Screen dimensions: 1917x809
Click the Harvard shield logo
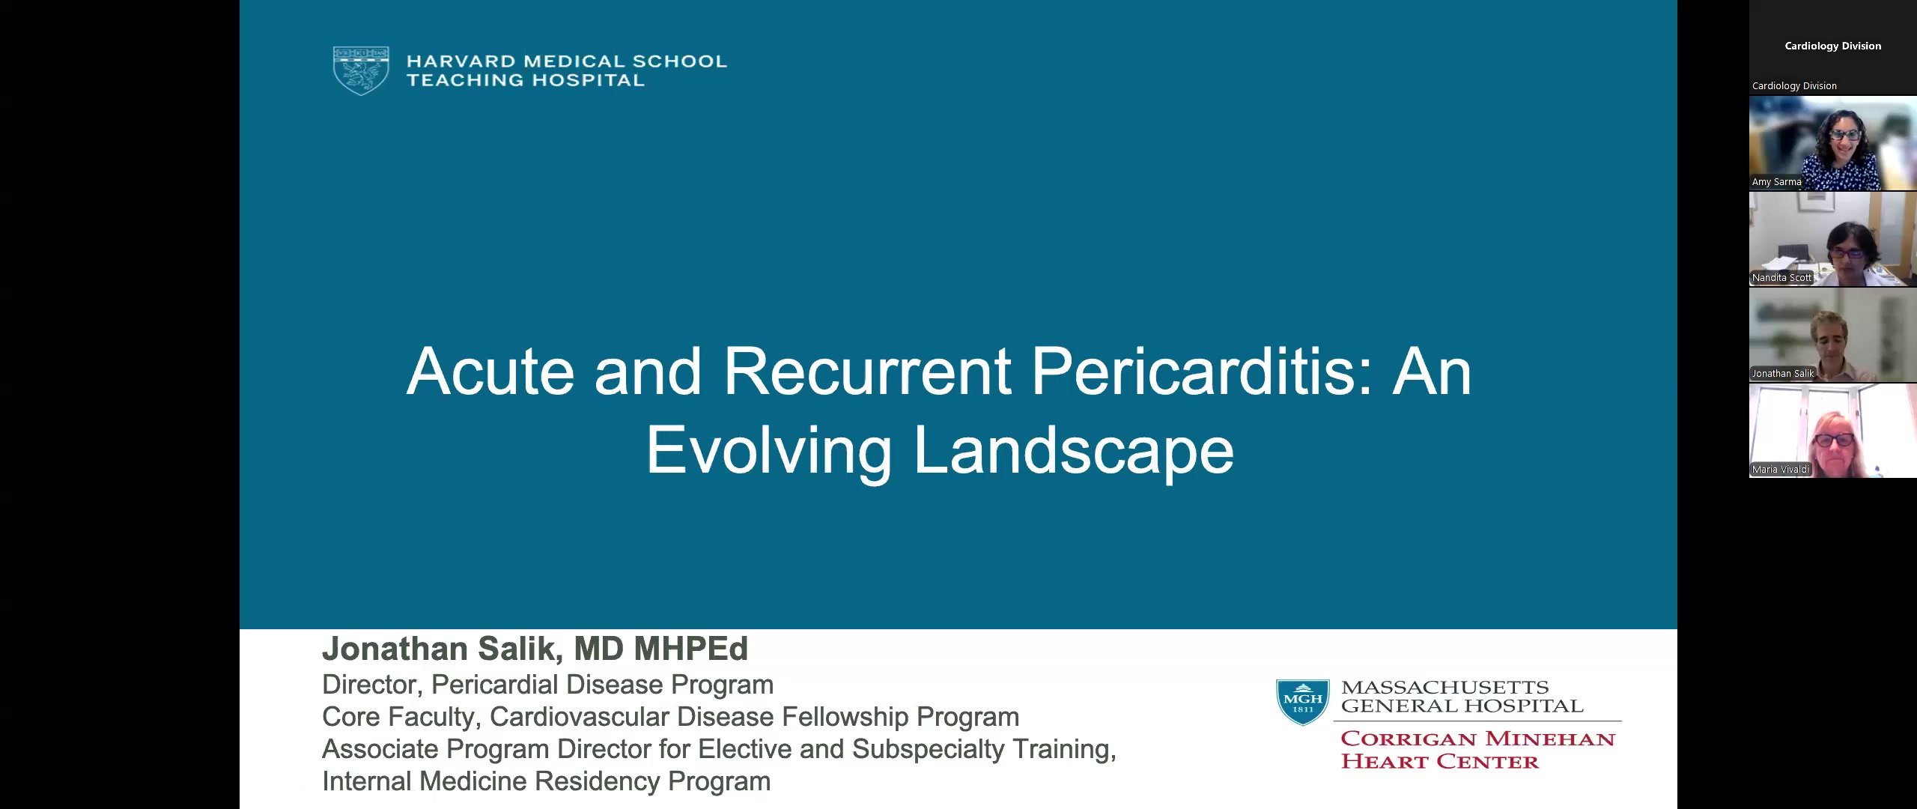[361, 70]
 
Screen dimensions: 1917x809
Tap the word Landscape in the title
[1074, 450]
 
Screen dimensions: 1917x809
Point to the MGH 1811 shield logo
[1303, 702]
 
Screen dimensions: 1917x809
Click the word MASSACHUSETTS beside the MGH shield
[1445, 687]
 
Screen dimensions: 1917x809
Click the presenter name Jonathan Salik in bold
[442, 649]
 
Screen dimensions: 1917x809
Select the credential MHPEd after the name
[690, 649]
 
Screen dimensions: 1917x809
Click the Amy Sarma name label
[1776, 182]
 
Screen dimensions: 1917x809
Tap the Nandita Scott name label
[1781, 278]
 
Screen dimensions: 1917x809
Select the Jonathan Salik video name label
[1782, 374]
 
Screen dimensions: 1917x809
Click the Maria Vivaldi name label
[1781, 470]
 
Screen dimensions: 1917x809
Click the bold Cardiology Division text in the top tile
[1832, 46]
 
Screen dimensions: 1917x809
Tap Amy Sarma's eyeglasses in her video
[1844, 135]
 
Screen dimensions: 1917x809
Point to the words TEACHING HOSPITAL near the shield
[526, 80]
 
